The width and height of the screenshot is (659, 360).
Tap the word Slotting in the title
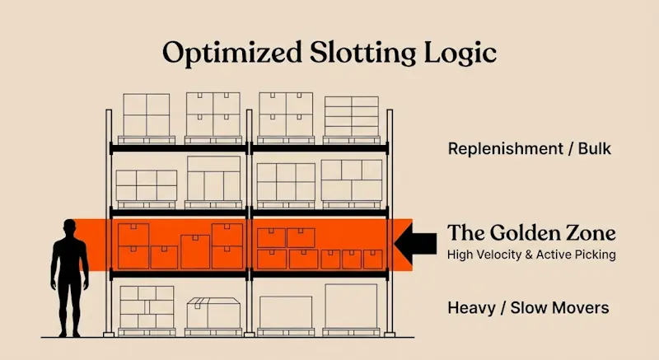[x=349, y=54]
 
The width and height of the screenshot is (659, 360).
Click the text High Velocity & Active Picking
[x=531, y=255]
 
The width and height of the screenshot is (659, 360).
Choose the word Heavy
[x=473, y=309]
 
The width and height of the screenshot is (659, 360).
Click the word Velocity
[x=499, y=255]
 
